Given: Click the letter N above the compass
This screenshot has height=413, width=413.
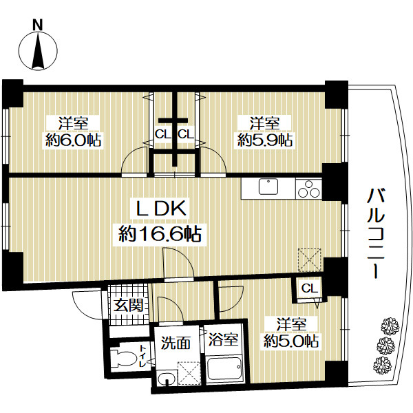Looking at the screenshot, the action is [x=38, y=25].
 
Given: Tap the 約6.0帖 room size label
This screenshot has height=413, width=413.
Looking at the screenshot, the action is [x=73, y=140].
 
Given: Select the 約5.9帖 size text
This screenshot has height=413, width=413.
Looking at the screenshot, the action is [x=264, y=140].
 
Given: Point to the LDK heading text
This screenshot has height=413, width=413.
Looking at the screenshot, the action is [x=160, y=209].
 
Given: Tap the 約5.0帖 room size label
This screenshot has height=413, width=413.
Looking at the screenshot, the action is [x=291, y=341].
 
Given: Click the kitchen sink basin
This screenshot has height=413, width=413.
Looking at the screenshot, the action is [x=268, y=187].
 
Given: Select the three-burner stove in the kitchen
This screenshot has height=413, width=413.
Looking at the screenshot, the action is [x=308, y=189].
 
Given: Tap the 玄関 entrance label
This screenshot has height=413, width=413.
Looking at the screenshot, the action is [x=129, y=306].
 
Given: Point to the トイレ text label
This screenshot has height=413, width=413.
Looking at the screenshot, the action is [x=142, y=356].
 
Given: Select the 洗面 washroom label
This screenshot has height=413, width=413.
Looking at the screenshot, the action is [x=176, y=343].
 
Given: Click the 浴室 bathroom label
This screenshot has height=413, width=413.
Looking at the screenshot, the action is [x=223, y=339].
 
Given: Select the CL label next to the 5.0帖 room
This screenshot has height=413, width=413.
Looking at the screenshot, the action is [x=310, y=288].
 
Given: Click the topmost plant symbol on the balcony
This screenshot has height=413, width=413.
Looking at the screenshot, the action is [x=390, y=326].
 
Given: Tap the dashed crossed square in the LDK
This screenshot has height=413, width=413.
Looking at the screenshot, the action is [x=310, y=260].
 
